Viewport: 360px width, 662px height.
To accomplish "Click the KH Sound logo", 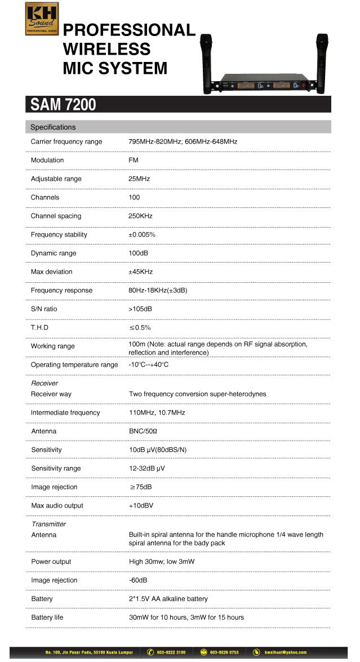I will (42, 19).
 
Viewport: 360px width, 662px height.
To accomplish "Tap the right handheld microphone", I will (322, 62).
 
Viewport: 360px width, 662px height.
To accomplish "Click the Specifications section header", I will (53, 127).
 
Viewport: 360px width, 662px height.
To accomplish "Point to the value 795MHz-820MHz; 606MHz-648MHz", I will (183, 141).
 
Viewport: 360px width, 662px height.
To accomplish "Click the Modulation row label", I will (47, 160).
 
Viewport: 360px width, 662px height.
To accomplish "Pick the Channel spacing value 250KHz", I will (140, 216).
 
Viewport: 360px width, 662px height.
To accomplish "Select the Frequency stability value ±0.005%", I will (142, 234).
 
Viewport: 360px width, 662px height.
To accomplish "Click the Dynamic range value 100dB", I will (139, 253).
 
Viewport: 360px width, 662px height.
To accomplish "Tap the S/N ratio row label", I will (44, 309).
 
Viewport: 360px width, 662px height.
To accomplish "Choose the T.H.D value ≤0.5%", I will (140, 327).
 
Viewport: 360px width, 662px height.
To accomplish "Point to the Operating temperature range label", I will (74, 365).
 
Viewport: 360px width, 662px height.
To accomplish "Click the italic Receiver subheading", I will (45, 383).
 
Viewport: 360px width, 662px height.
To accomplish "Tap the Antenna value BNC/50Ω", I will (143, 431).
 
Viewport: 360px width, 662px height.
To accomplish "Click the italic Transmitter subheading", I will (49, 524).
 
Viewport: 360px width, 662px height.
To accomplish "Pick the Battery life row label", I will (47, 617).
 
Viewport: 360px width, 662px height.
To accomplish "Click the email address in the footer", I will (287, 652).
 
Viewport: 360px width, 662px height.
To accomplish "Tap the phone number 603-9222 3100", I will (171, 652).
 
